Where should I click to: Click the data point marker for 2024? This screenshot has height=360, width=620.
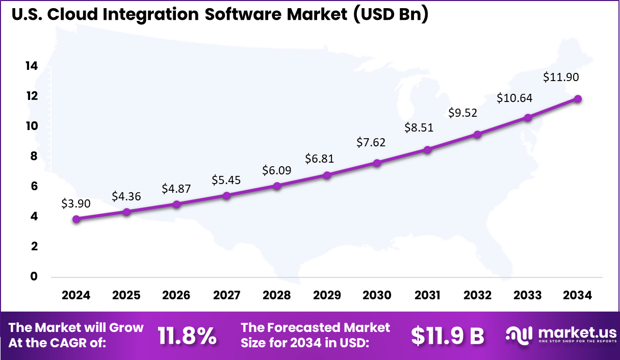76,219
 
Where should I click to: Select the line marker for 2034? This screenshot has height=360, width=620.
578,98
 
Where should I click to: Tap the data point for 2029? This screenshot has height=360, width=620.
327,175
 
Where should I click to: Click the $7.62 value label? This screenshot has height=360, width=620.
371,142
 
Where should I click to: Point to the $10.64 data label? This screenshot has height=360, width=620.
515,98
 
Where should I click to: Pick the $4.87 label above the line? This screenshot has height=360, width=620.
176,189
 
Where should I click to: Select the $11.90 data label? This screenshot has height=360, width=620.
561,78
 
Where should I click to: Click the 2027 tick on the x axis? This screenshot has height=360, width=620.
226,295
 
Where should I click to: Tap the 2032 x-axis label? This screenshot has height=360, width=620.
477,295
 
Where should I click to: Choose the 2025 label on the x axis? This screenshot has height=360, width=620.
126,295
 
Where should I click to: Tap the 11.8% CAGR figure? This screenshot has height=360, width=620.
187,336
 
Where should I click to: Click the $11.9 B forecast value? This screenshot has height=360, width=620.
448,336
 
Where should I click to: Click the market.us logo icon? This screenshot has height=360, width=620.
519,335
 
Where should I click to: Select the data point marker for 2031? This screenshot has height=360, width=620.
427,149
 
